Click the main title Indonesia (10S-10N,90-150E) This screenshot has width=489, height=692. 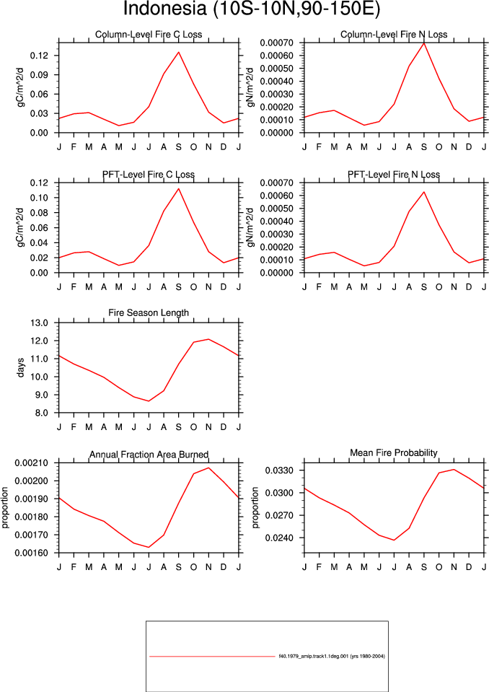click(x=251, y=9)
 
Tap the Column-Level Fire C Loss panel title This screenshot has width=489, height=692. click(x=149, y=35)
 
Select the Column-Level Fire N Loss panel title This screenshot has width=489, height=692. click(x=394, y=35)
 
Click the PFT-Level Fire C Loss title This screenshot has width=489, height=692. click(x=149, y=175)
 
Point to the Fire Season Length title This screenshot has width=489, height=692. click(x=149, y=313)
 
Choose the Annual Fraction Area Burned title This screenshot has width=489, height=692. click(x=149, y=455)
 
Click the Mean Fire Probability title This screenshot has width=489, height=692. click(x=394, y=453)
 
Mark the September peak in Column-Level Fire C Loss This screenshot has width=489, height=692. click(x=179, y=52)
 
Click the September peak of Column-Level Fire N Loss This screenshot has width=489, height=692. click(x=424, y=43)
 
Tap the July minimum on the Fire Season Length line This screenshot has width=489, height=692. click(x=149, y=401)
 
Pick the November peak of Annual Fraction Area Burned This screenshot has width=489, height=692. click(x=208, y=468)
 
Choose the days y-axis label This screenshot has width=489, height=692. click(x=20, y=367)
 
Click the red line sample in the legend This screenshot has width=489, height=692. click(x=212, y=657)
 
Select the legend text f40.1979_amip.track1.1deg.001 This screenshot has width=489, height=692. click(x=314, y=656)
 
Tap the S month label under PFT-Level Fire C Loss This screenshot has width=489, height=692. click(x=179, y=287)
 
